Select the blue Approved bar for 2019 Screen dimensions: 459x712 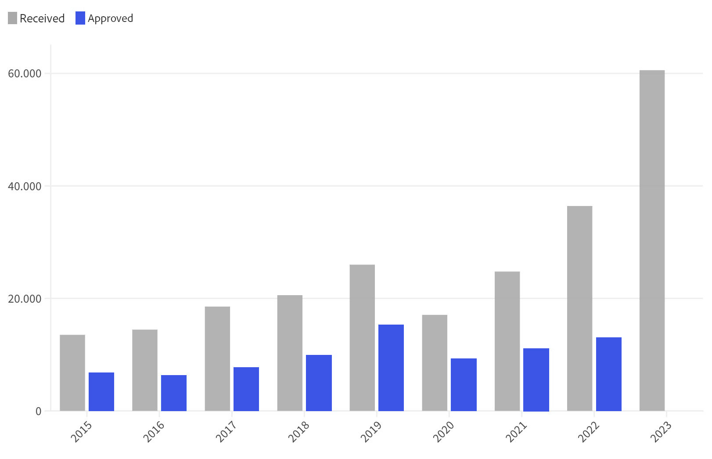[x=391, y=368]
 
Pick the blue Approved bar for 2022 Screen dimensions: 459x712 [x=608, y=374]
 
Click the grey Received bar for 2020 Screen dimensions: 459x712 [x=435, y=363]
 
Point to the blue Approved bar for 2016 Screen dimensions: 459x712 [x=174, y=393]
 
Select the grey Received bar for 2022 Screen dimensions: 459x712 [x=579, y=308]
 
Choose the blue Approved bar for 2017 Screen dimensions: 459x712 [x=246, y=389]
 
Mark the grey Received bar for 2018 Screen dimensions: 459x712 [x=290, y=353]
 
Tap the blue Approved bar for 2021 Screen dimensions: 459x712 [x=536, y=379]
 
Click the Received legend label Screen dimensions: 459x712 [x=42, y=18]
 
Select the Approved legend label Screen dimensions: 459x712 [x=110, y=18]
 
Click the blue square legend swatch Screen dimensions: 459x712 [x=80, y=18]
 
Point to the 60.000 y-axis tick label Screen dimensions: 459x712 [x=25, y=73]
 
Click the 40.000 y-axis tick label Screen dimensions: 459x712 [x=25, y=186]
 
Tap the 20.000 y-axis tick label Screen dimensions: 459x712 [x=25, y=299]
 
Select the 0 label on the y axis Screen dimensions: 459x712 [x=39, y=412]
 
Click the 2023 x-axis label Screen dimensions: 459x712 [x=661, y=432]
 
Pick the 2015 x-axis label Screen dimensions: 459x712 [x=81, y=432]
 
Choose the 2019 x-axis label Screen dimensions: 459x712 [x=371, y=432]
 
